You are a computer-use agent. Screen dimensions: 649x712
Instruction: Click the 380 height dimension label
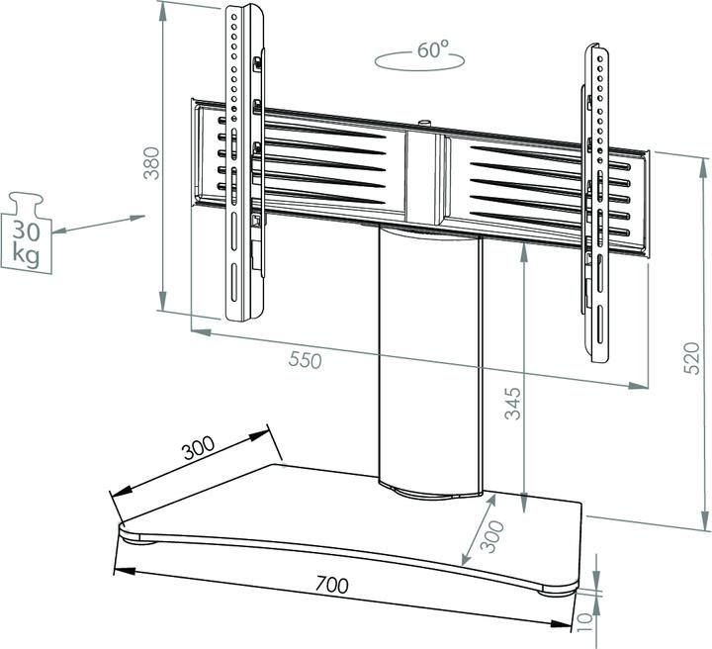(150, 162)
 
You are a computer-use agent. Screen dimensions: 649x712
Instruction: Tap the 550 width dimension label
(306, 361)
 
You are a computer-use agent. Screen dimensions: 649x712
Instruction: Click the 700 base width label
(331, 585)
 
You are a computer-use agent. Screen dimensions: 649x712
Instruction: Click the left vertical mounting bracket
(241, 163)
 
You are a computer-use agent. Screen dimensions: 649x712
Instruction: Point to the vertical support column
(429, 356)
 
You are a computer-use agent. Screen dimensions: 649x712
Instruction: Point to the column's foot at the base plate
(431, 488)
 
